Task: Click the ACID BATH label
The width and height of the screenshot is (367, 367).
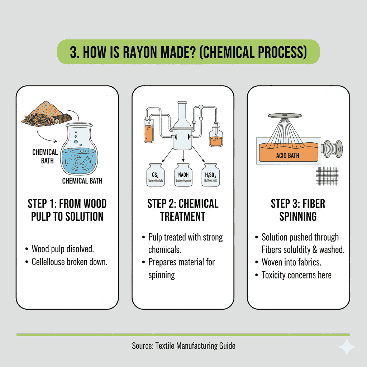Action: click(x=287, y=156)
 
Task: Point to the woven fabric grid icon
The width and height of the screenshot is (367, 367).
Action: click(x=327, y=175)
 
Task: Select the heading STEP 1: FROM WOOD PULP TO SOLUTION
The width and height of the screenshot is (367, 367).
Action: click(x=67, y=210)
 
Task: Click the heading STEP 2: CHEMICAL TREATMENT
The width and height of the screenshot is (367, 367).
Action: click(x=183, y=210)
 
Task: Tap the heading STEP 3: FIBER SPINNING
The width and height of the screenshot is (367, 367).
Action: click(x=298, y=210)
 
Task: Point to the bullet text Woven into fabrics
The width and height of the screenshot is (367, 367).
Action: click(x=291, y=262)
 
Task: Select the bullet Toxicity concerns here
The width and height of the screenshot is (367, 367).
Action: click(x=296, y=275)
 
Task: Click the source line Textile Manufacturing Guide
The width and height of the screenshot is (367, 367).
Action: click(x=183, y=346)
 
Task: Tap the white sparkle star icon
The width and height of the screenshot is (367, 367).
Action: click(x=347, y=347)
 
